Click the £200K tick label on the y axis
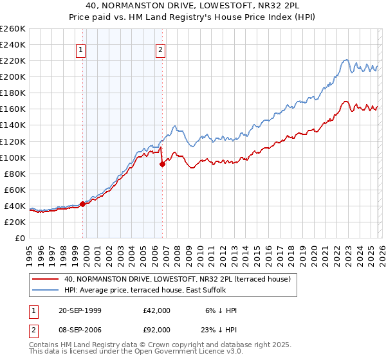point(13,76)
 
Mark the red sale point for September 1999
point(83,204)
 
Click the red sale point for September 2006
point(162,164)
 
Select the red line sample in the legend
point(46,279)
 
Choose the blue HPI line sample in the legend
point(46,290)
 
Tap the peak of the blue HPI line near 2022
point(345,60)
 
